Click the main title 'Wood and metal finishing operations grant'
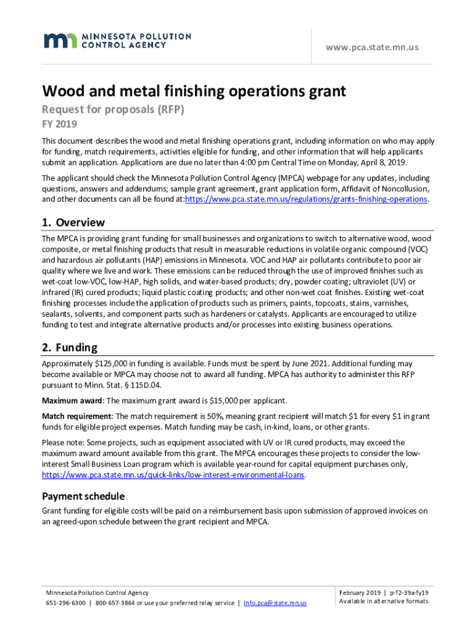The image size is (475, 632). pos(194,92)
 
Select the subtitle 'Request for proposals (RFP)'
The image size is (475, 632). pos(113,110)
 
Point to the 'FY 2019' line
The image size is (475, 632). pos(59,124)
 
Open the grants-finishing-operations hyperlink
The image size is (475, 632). pos(306,199)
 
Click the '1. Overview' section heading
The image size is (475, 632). pos(73,222)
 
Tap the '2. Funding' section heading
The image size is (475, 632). pos(69,347)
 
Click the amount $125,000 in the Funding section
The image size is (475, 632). pos(106,364)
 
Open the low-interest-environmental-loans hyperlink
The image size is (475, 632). pos(173,475)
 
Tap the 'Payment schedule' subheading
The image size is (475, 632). pos(83,496)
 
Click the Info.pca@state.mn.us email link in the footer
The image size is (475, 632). pos(275,603)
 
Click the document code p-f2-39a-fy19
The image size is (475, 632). pos(409,592)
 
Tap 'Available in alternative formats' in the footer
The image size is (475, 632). pos(383,602)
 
